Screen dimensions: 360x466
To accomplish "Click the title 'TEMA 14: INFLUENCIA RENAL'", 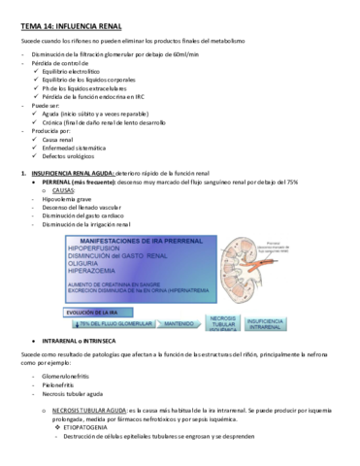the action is pyautogui.click(x=71, y=14).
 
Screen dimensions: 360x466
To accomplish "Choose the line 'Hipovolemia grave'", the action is pyautogui.click(x=60, y=200).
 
